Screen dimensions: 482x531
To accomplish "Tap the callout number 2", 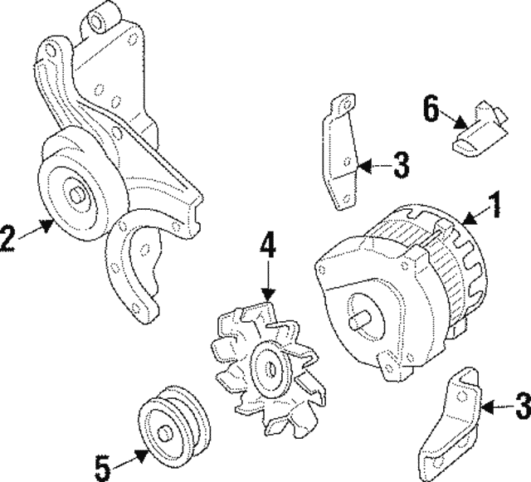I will pos(7,239).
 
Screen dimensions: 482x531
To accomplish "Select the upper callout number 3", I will pos(400,166).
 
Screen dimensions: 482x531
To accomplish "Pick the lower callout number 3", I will pos(520,407).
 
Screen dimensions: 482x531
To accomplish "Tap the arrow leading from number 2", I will pos(35,231).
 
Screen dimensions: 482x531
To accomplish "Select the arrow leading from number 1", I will pos(472,218).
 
